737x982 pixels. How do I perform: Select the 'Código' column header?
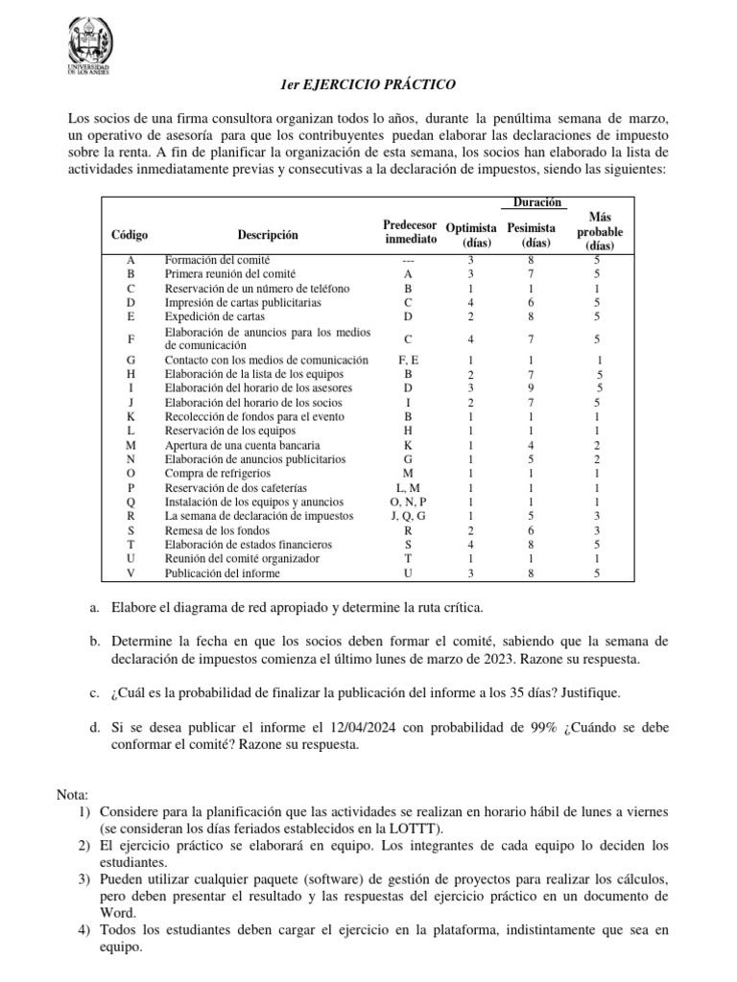[x=130, y=235]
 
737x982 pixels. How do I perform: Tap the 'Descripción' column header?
[x=268, y=235]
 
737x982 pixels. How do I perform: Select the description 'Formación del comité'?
[x=217, y=260]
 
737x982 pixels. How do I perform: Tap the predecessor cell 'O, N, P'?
[x=410, y=502]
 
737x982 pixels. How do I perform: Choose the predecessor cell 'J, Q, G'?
[x=410, y=516]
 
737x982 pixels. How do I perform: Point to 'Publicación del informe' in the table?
[x=223, y=573]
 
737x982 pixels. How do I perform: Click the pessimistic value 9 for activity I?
[x=531, y=388]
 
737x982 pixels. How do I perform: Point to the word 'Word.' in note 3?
[x=117, y=914]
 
